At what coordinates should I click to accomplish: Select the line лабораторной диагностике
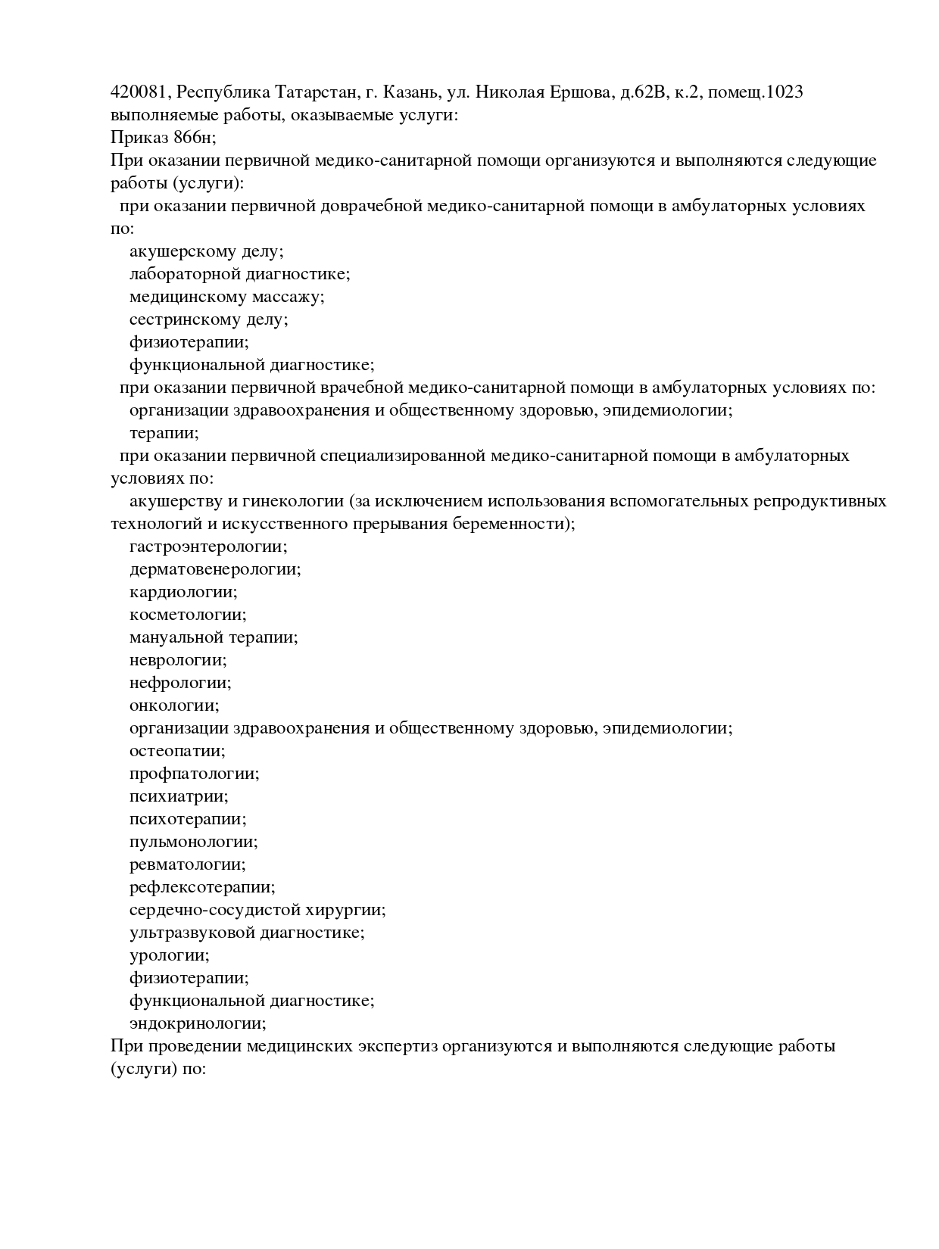[239, 274]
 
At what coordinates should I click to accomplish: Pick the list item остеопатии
[177, 751]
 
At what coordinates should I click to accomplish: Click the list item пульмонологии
[194, 842]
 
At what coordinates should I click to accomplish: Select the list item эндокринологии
[198, 1023]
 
